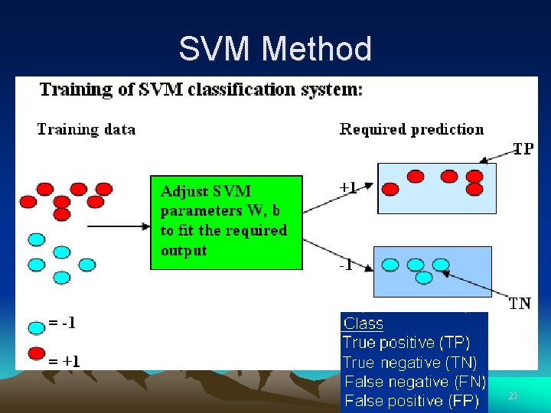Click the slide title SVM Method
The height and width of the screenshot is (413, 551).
[275, 50]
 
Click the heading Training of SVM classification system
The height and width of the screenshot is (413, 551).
[201, 89]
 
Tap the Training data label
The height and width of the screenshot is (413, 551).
[86, 129]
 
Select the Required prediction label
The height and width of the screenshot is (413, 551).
[412, 129]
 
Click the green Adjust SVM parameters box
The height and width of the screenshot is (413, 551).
[226, 223]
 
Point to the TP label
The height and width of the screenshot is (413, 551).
[523, 149]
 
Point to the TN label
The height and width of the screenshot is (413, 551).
[520, 304]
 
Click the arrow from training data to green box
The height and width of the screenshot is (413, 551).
[118, 226]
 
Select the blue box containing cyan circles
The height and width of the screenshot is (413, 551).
[432, 272]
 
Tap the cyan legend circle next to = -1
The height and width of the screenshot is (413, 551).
[37, 327]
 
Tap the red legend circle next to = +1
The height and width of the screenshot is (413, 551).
[37, 353]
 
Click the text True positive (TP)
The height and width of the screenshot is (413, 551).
[406, 343]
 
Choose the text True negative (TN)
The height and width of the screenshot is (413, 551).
[409, 363]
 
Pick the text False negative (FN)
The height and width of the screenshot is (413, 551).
[415, 382]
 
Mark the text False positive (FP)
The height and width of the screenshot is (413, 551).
[412, 401]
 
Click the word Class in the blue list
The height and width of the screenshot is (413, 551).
[364, 324]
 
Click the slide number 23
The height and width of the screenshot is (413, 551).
[513, 395]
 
